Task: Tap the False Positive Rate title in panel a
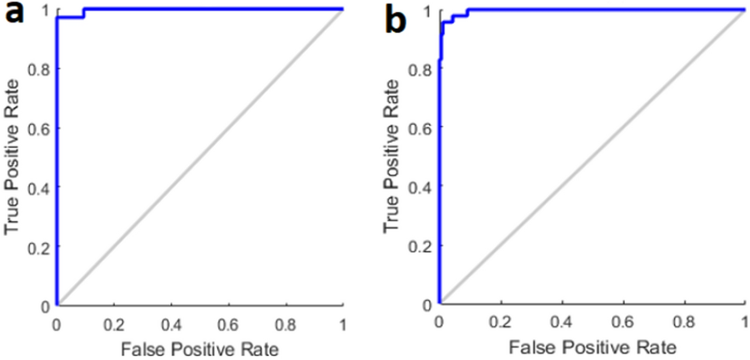pos(199,348)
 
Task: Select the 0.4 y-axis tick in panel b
pos(422,186)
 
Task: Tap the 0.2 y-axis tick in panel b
pos(422,245)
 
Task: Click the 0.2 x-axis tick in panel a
pos(114,320)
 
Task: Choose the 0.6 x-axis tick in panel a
pos(228,320)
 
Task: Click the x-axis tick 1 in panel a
pos(342,320)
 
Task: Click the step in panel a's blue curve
pos(84,13)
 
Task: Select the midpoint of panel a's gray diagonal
pos(199,157)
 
